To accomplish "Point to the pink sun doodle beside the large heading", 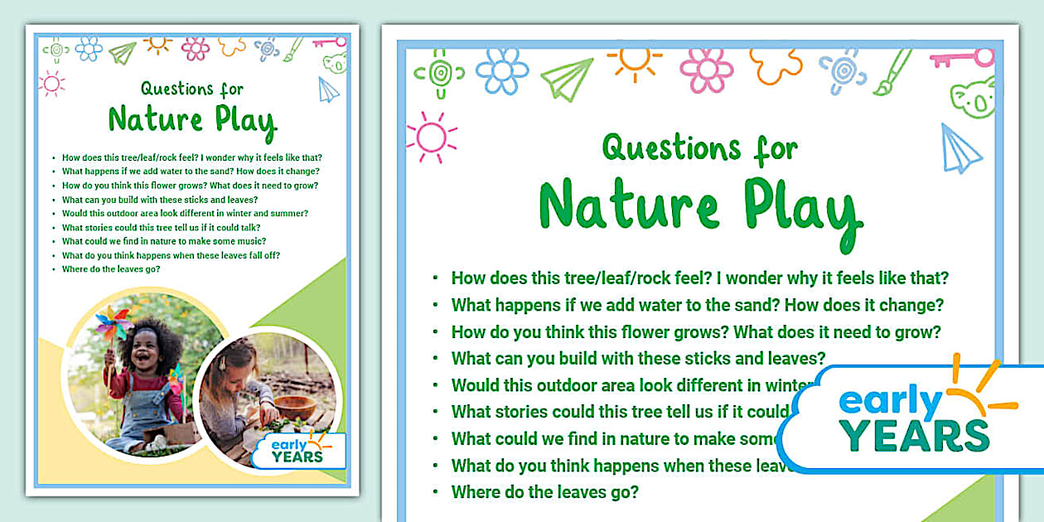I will pos(431,137).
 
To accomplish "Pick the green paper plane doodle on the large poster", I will pos(568,79).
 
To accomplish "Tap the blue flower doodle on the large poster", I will pos(501,70).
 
